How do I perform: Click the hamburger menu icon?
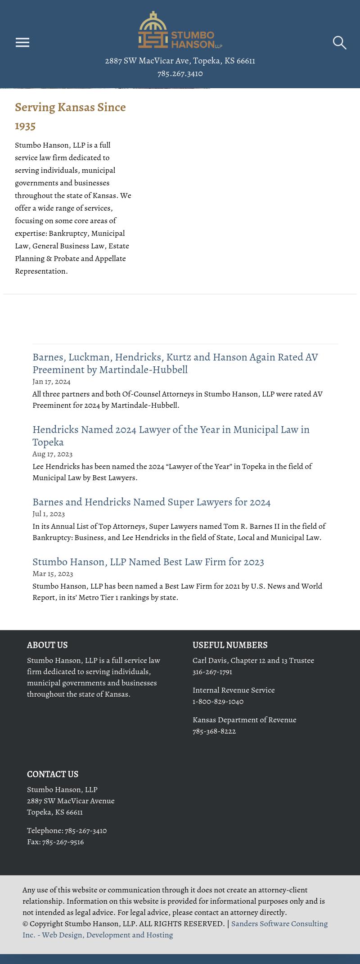click(22, 42)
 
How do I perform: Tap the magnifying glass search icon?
click(339, 43)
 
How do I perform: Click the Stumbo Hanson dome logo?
click(180, 30)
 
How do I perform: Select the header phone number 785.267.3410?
click(180, 73)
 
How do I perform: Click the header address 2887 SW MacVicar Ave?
click(180, 61)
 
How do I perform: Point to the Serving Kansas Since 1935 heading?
click(70, 116)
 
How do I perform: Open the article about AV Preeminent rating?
click(175, 363)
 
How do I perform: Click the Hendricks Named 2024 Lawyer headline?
click(171, 435)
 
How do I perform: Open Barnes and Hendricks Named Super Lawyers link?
click(151, 502)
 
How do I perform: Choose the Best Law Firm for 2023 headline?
click(148, 562)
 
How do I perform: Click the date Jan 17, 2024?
click(51, 382)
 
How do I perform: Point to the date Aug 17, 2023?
click(52, 454)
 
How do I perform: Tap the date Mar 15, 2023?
click(53, 574)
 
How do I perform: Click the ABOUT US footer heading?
click(47, 645)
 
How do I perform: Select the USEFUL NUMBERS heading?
click(230, 645)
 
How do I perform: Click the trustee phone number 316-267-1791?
click(212, 672)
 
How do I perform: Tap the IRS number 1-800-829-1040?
click(218, 702)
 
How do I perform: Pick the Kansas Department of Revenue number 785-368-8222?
click(214, 731)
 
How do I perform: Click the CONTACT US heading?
click(53, 774)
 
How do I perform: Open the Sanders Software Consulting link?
click(279, 924)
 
